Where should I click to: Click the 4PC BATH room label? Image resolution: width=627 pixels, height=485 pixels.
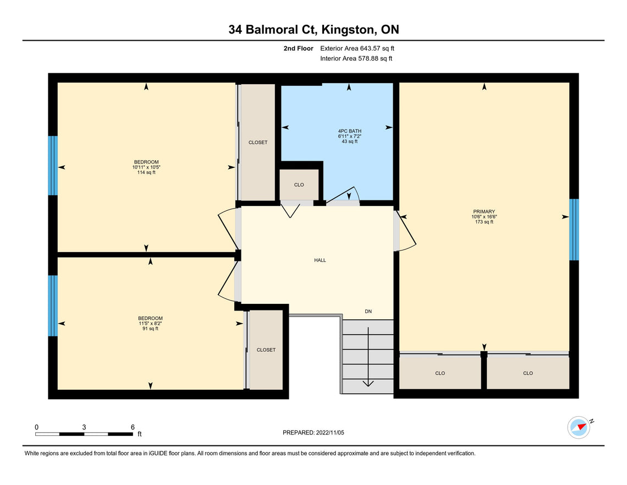tap(349, 132)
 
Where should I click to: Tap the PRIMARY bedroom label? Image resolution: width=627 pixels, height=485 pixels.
tap(484, 211)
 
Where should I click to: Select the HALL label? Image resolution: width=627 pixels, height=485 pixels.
tap(320, 260)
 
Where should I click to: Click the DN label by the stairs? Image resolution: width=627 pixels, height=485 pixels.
tap(368, 312)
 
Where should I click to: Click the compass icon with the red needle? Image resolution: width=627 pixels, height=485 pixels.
tap(579, 427)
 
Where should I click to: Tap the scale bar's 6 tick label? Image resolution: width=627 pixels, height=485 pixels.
tap(133, 427)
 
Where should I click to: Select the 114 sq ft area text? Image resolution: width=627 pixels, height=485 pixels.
tap(146, 172)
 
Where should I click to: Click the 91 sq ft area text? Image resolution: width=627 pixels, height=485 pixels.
tap(150, 329)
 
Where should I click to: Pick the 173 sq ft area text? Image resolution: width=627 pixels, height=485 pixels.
tap(484, 222)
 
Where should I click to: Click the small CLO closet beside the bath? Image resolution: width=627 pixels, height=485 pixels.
tap(299, 185)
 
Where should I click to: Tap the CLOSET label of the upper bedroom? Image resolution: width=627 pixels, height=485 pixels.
tap(258, 143)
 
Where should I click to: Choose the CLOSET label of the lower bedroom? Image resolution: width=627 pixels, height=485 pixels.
tap(266, 350)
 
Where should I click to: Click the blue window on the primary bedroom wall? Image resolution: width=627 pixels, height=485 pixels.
tap(574, 229)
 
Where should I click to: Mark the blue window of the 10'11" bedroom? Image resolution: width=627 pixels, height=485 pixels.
tap(53, 166)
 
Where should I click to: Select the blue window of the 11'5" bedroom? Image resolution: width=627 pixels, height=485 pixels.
tap(53, 306)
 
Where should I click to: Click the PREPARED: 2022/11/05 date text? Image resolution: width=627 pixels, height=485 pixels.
tap(313, 433)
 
